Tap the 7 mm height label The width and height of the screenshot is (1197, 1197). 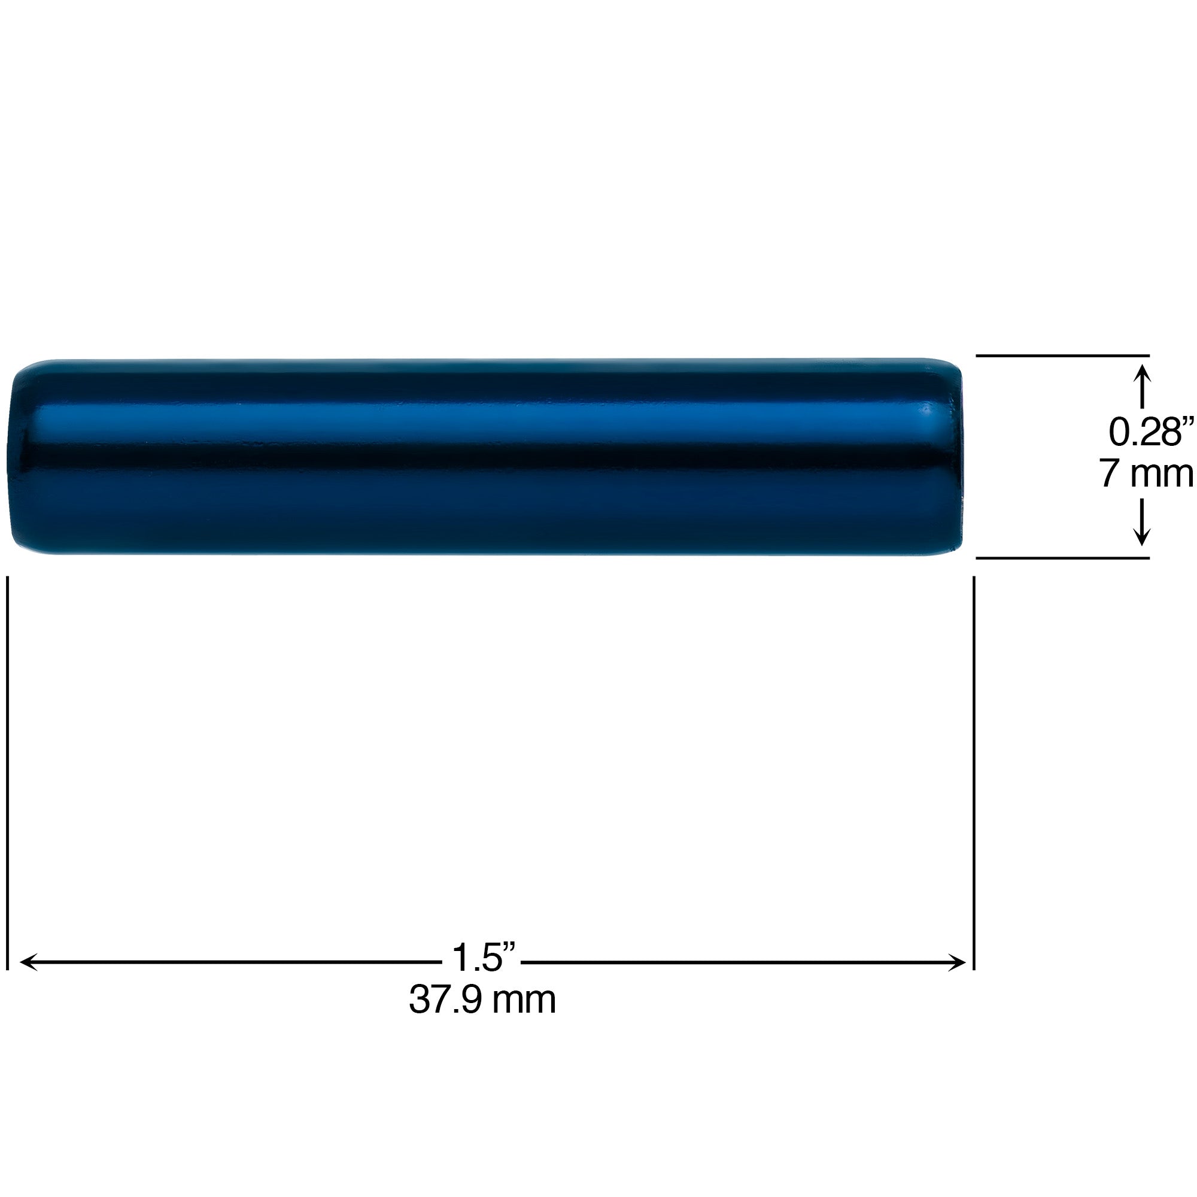[x=1147, y=474]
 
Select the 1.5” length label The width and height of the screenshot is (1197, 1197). [x=482, y=957]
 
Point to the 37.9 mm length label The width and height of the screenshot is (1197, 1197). [x=482, y=999]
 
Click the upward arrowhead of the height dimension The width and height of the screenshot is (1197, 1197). [x=1142, y=375]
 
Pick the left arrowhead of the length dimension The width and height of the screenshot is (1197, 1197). [x=28, y=962]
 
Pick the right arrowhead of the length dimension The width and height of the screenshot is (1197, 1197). [x=957, y=962]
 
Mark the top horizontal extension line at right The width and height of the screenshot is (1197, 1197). [x=1062, y=356]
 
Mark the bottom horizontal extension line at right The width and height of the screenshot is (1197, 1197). [x=1062, y=558]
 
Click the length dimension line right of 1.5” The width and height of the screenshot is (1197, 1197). [x=737, y=962]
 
